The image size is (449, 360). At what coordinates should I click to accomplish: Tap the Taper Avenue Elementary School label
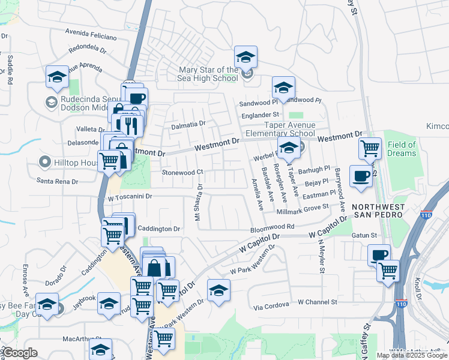(x=281, y=129)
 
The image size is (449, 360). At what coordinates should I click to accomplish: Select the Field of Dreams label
(x=402, y=149)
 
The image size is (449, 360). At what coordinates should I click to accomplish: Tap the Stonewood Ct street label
(x=183, y=172)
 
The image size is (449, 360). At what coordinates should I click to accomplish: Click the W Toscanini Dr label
(x=130, y=196)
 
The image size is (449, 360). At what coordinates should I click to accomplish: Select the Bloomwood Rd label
(x=273, y=228)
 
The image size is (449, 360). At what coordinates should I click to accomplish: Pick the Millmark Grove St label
(x=303, y=209)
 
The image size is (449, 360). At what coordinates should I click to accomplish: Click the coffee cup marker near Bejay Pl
(x=360, y=176)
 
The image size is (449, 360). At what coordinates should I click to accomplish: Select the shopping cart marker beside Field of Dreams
(x=370, y=148)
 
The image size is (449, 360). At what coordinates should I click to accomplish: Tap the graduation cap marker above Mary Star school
(x=245, y=57)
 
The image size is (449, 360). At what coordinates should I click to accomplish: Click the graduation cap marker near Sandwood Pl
(x=283, y=88)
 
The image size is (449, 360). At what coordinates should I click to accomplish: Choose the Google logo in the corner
(x=20, y=353)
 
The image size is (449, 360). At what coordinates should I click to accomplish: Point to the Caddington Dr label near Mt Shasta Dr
(x=159, y=229)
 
